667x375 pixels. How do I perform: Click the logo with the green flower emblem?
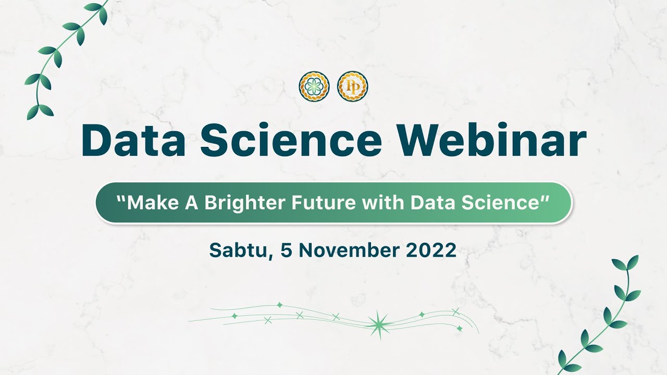coord(314,86)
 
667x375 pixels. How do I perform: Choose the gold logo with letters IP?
coord(352,86)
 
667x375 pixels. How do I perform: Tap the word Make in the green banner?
coord(149,203)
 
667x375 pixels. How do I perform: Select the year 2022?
coord(430,251)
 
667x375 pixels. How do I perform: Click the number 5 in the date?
coord(286,251)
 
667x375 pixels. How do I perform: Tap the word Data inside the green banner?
coord(430,203)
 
